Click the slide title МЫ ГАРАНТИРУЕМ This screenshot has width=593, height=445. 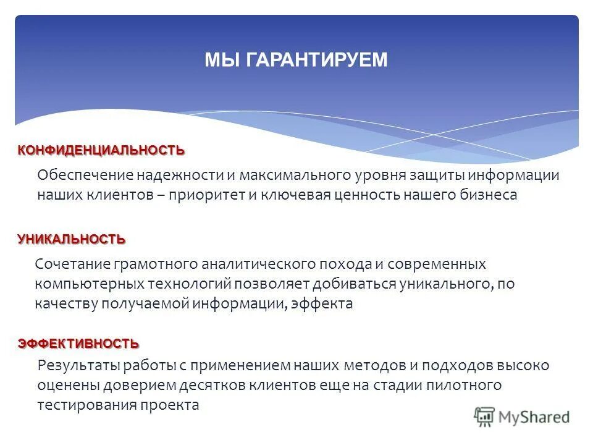(x=296, y=60)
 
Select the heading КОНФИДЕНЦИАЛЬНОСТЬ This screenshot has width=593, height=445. (x=101, y=150)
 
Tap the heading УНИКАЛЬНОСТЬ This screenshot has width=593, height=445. (x=71, y=239)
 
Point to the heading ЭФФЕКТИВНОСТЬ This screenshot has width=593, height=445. (x=78, y=343)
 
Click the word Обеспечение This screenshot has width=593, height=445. (x=85, y=175)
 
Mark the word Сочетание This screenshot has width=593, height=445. (x=72, y=264)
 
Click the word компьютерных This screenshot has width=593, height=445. (x=89, y=284)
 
